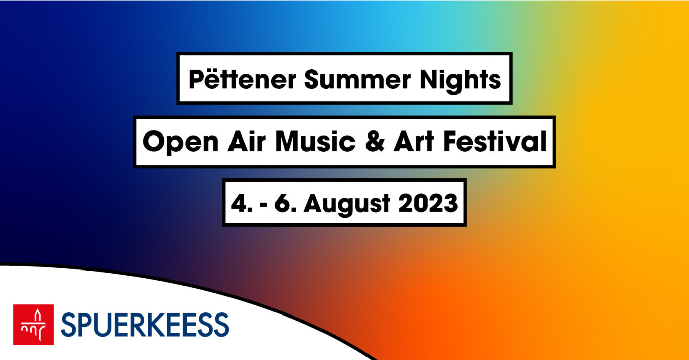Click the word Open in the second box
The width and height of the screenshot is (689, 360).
coord(180,143)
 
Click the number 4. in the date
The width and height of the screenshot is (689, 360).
coord(242,203)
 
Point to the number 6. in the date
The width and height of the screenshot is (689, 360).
coord(286,203)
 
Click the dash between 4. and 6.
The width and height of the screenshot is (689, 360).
coord(263,205)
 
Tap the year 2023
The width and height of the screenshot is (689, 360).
coord(428,203)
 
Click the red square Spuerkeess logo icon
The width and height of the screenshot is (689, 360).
coord(33,325)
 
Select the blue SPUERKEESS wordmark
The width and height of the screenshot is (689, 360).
coord(145,325)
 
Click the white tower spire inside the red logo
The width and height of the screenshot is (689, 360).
coord(37,315)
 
